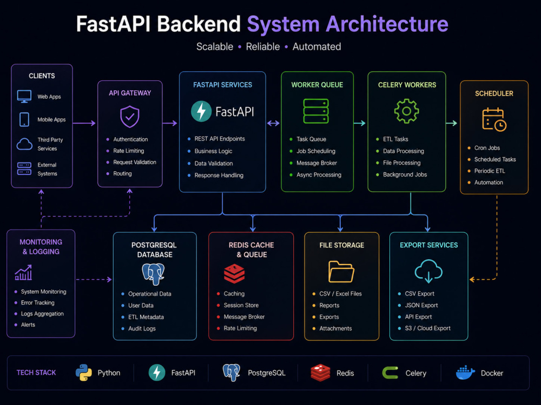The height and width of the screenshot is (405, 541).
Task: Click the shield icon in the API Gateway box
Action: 130,117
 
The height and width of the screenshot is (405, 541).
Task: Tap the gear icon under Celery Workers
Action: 406,111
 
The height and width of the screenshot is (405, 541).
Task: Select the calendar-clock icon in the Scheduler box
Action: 494,119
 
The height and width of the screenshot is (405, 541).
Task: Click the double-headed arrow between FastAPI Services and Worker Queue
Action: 273,123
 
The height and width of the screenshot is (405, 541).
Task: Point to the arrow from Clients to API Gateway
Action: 84,123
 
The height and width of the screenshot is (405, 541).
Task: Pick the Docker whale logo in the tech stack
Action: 465,373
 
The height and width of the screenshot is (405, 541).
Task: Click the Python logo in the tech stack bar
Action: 83,373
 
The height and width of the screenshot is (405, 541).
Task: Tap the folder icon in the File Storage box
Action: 341,272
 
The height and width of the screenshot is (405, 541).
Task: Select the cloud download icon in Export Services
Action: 428,271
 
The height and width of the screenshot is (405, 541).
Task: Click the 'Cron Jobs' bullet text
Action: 487,148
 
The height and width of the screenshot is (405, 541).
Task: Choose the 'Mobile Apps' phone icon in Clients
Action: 24,119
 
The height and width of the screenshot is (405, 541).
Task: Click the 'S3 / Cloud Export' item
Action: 427,328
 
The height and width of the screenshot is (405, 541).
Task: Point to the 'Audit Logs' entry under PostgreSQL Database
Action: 142,328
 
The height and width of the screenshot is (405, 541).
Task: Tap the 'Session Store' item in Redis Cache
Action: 241,305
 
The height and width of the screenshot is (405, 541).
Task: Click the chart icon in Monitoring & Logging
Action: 23,272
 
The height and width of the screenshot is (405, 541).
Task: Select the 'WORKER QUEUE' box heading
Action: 317,85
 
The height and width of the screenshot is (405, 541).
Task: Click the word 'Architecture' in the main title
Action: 387,24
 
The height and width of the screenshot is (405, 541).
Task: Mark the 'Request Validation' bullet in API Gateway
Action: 135,162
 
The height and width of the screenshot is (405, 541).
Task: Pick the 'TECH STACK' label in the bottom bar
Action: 36,373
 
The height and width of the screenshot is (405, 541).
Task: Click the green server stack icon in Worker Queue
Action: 316,111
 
